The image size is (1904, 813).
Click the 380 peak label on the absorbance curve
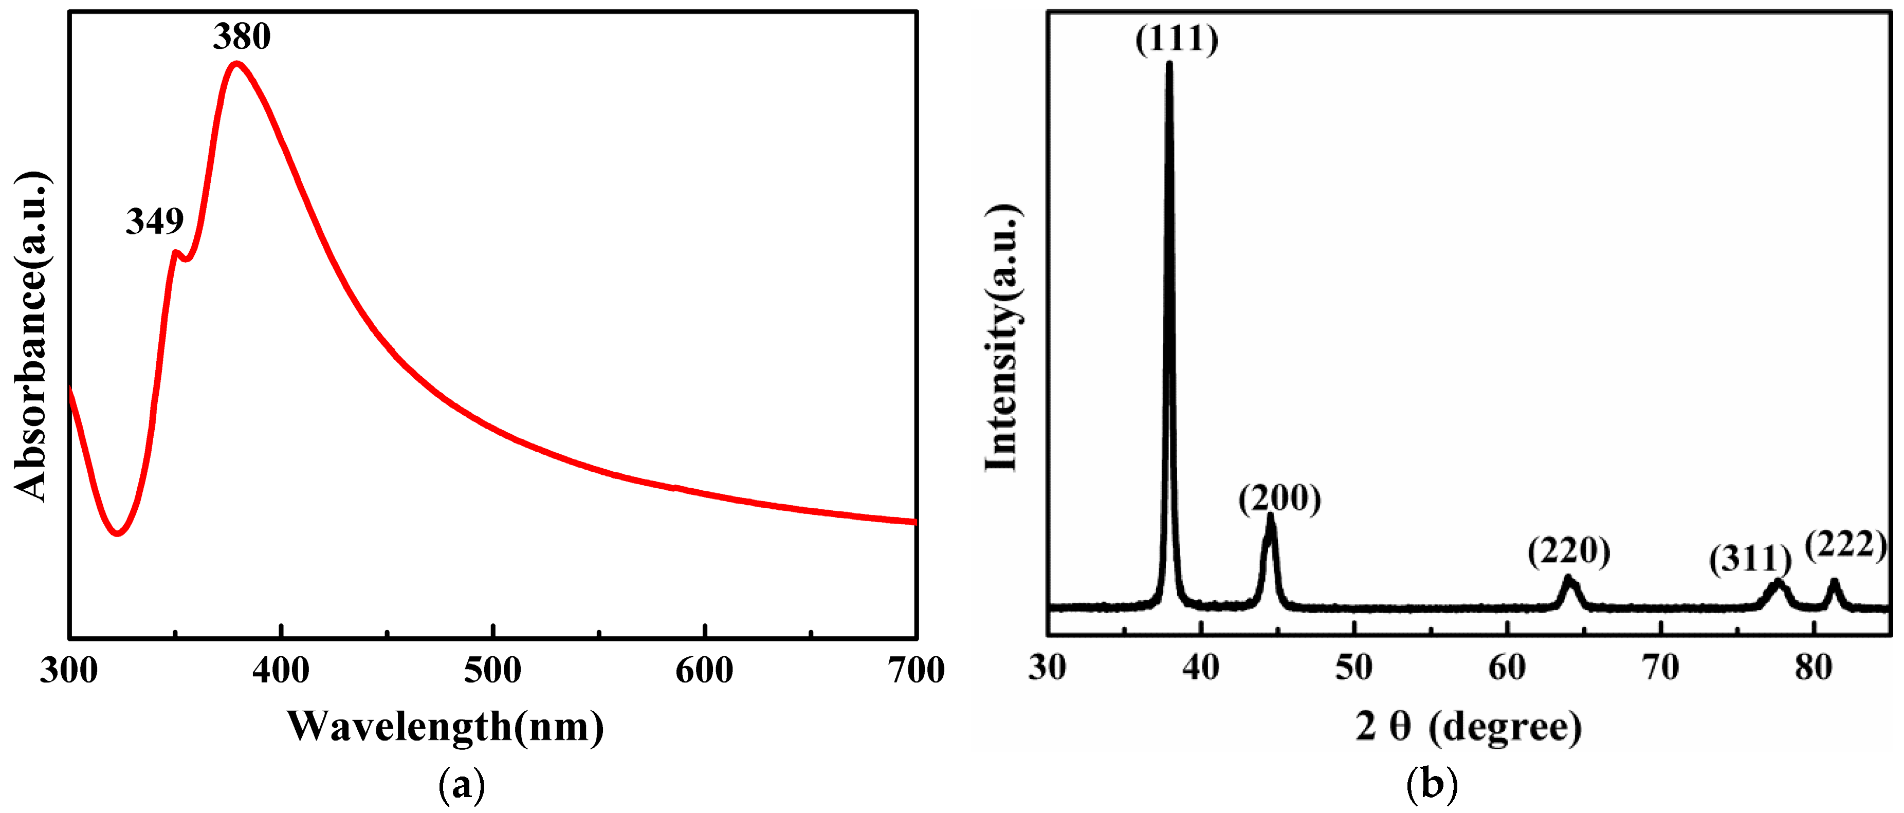(x=242, y=36)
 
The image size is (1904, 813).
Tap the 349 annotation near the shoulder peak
(x=155, y=221)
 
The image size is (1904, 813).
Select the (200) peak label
(x=1279, y=499)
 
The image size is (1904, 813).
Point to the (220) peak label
(x=1568, y=551)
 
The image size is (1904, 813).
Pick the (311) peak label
(x=1749, y=560)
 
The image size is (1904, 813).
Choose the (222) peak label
(x=1845, y=545)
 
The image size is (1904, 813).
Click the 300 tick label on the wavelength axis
(x=69, y=670)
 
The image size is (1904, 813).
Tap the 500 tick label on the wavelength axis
(x=492, y=670)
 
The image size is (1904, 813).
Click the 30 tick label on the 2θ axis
(x=1047, y=668)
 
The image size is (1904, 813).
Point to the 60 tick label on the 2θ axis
(x=1507, y=668)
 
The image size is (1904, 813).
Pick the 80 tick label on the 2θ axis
(x=1813, y=668)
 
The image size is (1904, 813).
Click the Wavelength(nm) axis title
(x=445, y=727)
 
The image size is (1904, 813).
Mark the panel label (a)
(x=462, y=785)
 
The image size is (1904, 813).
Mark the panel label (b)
(x=1432, y=785)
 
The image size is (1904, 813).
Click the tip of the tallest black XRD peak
(x=1168, y=64)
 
